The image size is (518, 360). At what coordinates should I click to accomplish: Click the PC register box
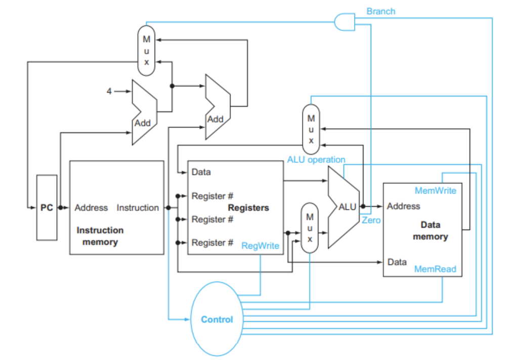click(x=47, y=208)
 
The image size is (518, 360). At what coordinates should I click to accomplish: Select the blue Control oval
click(x=217, y=319)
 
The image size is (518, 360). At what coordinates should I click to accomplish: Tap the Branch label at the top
click(x=380, y=11)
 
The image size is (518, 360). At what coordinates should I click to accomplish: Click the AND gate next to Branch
click(x=345, y=22)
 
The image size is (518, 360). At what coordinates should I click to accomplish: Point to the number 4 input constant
click(x=109, y=92)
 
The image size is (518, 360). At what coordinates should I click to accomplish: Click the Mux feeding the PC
click(x=146, y=51)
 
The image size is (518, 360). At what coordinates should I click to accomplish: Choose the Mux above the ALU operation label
click(x=311, y=129)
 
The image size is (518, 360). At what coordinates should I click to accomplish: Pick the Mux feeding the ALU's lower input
click(x=310, y=228)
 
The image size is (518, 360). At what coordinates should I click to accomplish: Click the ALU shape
click(x=343, y=207)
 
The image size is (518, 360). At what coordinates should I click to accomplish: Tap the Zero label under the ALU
click(x=371, y=220)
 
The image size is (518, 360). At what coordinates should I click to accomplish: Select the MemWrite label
click(x=435, y=191)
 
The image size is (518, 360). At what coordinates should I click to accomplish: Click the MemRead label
click(x=435, y=269)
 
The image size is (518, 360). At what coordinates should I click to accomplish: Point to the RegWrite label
click(x=260, y=246)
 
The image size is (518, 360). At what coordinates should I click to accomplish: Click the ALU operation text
click(x=316, y=160)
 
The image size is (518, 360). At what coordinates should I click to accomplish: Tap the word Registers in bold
click(x=248, y=208)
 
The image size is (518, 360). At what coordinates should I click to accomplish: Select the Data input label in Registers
click(x=201, y=172)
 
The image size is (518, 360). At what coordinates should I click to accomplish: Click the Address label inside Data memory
click(x=403, y=206)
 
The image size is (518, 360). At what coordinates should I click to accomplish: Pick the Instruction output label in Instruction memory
click(x=138, y=208)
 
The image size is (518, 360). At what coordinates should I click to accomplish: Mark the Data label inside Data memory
click(x=397, y=262)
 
